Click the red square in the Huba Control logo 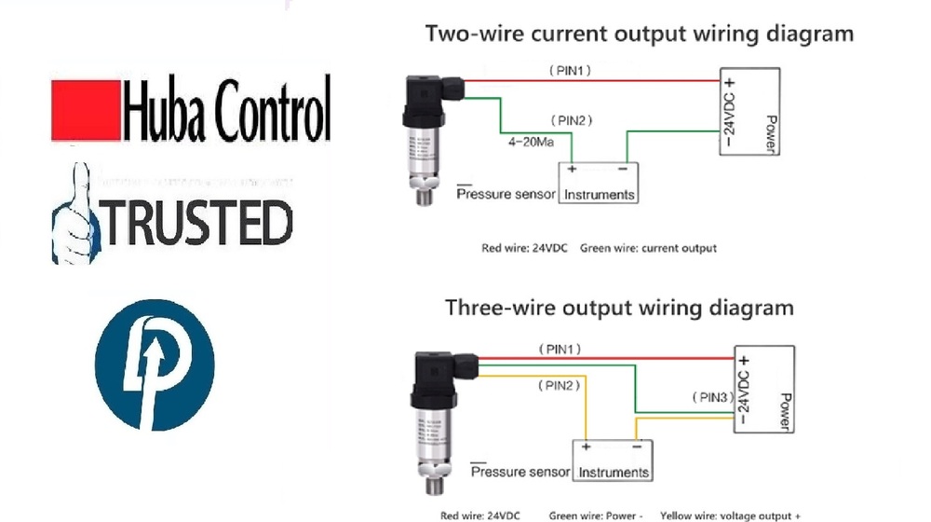pos(86,110)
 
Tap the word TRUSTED pos(196,223)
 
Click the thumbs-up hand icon pos(74,212)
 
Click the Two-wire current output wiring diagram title pos(639,34)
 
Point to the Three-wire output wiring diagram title pos(619,308)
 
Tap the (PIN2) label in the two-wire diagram pos(572,121)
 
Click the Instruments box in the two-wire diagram pos(598,183)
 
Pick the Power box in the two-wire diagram pos(749,112)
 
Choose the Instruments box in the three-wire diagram pos(614,460)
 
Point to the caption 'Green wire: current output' pos(648,249)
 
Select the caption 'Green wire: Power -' pos(596,515)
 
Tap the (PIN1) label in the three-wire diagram pos(560,349)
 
